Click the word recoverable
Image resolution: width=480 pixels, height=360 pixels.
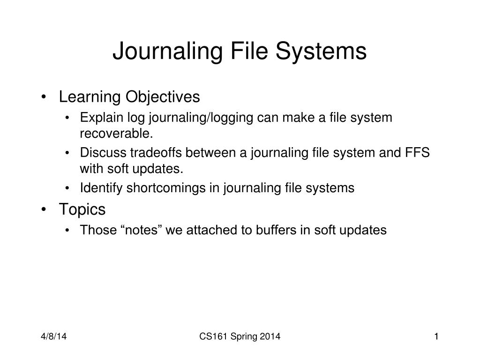click(116, 134)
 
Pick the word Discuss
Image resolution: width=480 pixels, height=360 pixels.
click(100, 153)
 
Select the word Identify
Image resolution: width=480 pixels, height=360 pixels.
click(98, 188)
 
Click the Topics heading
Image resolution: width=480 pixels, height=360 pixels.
click(82, 210)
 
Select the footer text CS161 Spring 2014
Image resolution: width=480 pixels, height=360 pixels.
click(240, 336)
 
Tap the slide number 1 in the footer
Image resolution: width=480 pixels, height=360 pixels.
click(436, 336)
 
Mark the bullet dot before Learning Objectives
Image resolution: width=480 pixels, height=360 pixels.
click(44, 97)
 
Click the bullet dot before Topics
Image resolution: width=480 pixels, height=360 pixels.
click(44, 210)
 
